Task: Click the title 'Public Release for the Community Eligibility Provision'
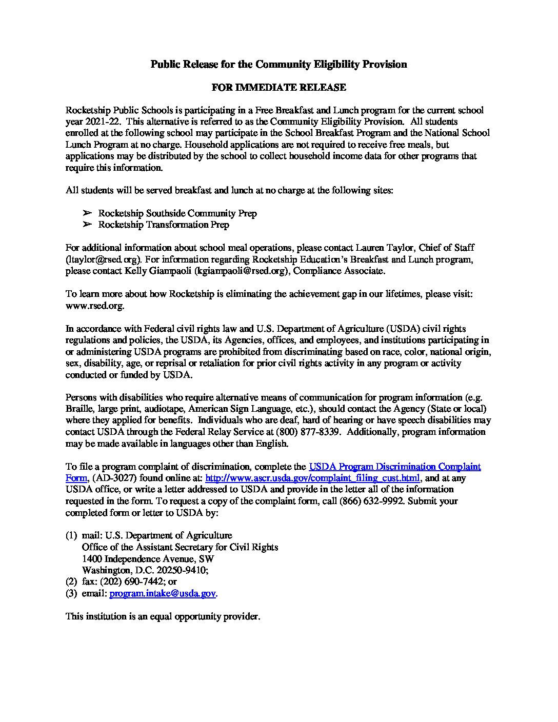[x=278, y=64]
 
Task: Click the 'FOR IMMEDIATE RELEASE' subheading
[x=278, y=87]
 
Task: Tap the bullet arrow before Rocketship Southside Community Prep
[x=87, y=213]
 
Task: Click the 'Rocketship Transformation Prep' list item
[x=164, y=225]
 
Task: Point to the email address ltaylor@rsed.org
[x=104, y=259]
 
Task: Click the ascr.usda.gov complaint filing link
[x=313, y=478]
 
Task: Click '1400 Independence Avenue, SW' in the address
[x=148, y=559]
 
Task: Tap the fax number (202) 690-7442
[x=132, y=582]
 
